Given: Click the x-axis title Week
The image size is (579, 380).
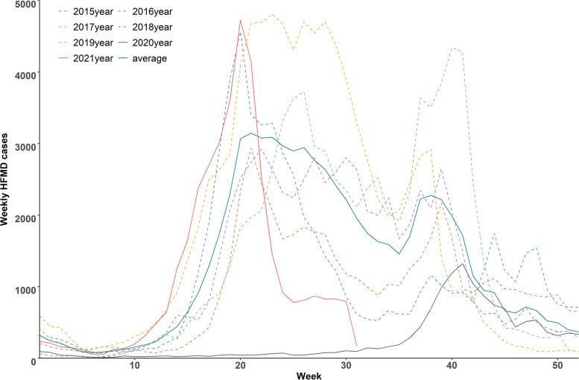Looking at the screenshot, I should click(x=309, y=376).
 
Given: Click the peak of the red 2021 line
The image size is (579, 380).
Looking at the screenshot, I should click(x=240, y=20).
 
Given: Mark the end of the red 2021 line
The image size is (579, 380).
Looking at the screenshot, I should click(x=356, y=345).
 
